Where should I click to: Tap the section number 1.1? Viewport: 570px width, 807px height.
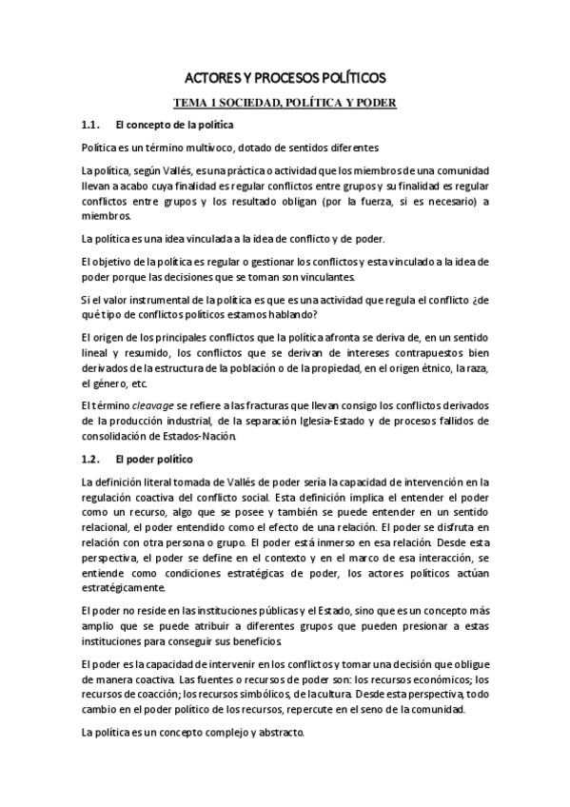[91, 125]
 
